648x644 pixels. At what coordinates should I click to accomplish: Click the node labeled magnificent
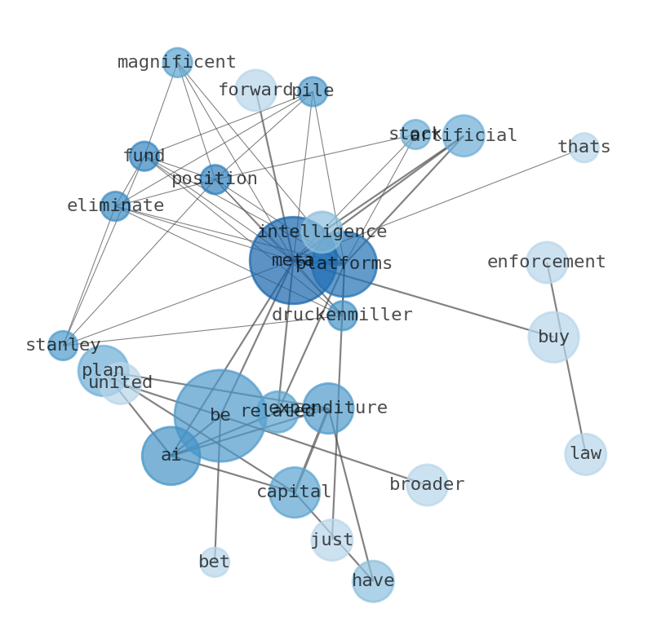177,63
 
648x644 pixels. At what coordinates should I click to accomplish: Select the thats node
584,148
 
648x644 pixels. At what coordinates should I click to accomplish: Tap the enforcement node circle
546,262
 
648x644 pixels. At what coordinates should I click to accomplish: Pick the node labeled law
585,454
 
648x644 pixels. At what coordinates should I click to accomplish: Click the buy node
553,337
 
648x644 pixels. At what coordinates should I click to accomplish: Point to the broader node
427,485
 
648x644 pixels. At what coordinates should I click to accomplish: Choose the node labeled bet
215,562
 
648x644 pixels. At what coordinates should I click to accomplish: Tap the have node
373,581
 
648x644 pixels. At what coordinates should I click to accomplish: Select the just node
332,540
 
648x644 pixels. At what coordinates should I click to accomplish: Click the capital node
294,492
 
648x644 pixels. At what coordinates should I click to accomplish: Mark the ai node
171,456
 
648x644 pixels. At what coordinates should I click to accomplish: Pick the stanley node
63,346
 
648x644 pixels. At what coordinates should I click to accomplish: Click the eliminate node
115,206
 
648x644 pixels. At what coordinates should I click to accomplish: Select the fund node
144,157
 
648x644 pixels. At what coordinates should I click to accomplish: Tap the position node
215,179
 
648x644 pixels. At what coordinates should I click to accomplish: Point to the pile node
313,91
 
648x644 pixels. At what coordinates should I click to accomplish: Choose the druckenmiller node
342,315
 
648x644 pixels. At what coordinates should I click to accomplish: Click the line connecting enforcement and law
566,359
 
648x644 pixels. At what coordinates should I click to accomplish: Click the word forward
255,90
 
